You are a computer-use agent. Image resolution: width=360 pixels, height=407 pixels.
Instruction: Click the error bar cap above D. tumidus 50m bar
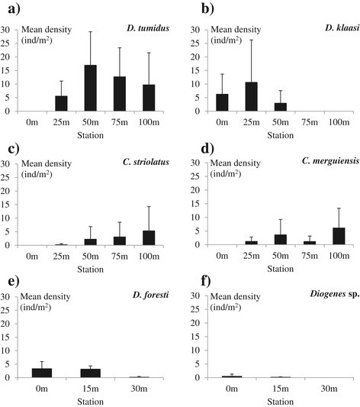click(90, 31)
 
